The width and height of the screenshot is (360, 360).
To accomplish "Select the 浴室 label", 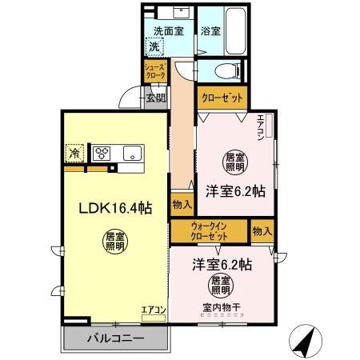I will click(210, 32).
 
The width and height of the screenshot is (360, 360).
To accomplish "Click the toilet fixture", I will click(226, 70).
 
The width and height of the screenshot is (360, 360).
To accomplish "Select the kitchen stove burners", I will click(102, 152).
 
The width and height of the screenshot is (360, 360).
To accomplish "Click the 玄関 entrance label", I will click(156, 98).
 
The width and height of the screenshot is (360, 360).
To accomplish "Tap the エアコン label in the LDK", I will click(153, 310).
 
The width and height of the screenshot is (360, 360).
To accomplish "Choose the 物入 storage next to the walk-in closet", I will click(261, 231).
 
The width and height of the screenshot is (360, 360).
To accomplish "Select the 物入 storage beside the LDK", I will click(182, 206).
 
